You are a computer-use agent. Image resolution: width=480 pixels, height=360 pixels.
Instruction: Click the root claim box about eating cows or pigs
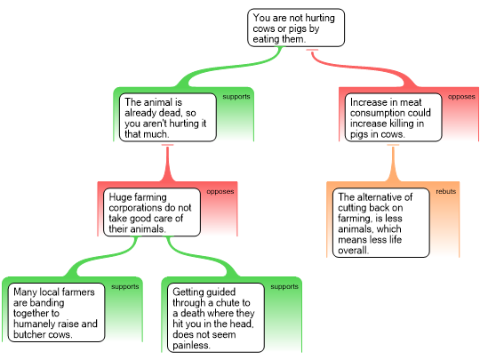(296, 28)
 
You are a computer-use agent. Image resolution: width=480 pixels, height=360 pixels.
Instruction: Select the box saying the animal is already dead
(168, 117)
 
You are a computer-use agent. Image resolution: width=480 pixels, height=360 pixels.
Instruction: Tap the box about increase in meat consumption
(394, 117)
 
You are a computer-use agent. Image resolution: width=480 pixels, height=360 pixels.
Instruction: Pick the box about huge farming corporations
(152, 212)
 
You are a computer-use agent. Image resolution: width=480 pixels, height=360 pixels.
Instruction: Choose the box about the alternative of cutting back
(381, 223)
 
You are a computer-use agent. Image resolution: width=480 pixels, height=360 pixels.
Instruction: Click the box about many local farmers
(56, 313)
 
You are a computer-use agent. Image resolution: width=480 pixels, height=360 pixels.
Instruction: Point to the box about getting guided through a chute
(216, 317)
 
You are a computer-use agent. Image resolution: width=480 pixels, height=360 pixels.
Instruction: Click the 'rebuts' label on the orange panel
(446, 191)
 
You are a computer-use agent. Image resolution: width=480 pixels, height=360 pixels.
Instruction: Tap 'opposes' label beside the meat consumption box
(461, 97)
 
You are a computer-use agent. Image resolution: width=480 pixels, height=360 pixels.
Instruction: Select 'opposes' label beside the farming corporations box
(220, 192)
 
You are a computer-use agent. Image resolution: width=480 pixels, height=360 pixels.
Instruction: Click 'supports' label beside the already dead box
(236, 97)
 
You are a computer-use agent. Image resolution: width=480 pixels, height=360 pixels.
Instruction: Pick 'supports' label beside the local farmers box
(125, 286)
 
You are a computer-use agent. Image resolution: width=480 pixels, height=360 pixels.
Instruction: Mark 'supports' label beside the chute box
(284, 286)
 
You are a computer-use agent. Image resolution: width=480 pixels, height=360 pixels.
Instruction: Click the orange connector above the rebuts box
(393, 164)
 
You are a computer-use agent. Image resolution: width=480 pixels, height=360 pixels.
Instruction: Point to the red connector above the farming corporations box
(167, 164)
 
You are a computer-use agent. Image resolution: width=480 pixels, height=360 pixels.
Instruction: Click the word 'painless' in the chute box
(191, 345)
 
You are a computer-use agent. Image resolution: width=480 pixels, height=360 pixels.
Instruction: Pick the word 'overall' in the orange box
(353, 251)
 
